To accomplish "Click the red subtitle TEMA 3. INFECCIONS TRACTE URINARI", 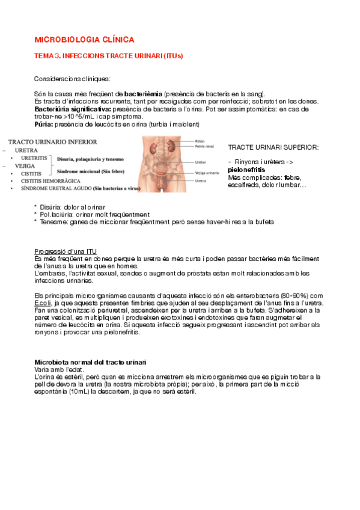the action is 108,56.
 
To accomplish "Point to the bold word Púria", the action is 43,124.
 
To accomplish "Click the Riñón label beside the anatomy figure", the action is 200,140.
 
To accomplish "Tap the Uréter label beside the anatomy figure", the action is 201,162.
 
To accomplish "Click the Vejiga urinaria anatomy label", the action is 207,173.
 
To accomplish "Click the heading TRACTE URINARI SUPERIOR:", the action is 273,147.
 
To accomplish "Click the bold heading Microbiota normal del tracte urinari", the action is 91,361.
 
